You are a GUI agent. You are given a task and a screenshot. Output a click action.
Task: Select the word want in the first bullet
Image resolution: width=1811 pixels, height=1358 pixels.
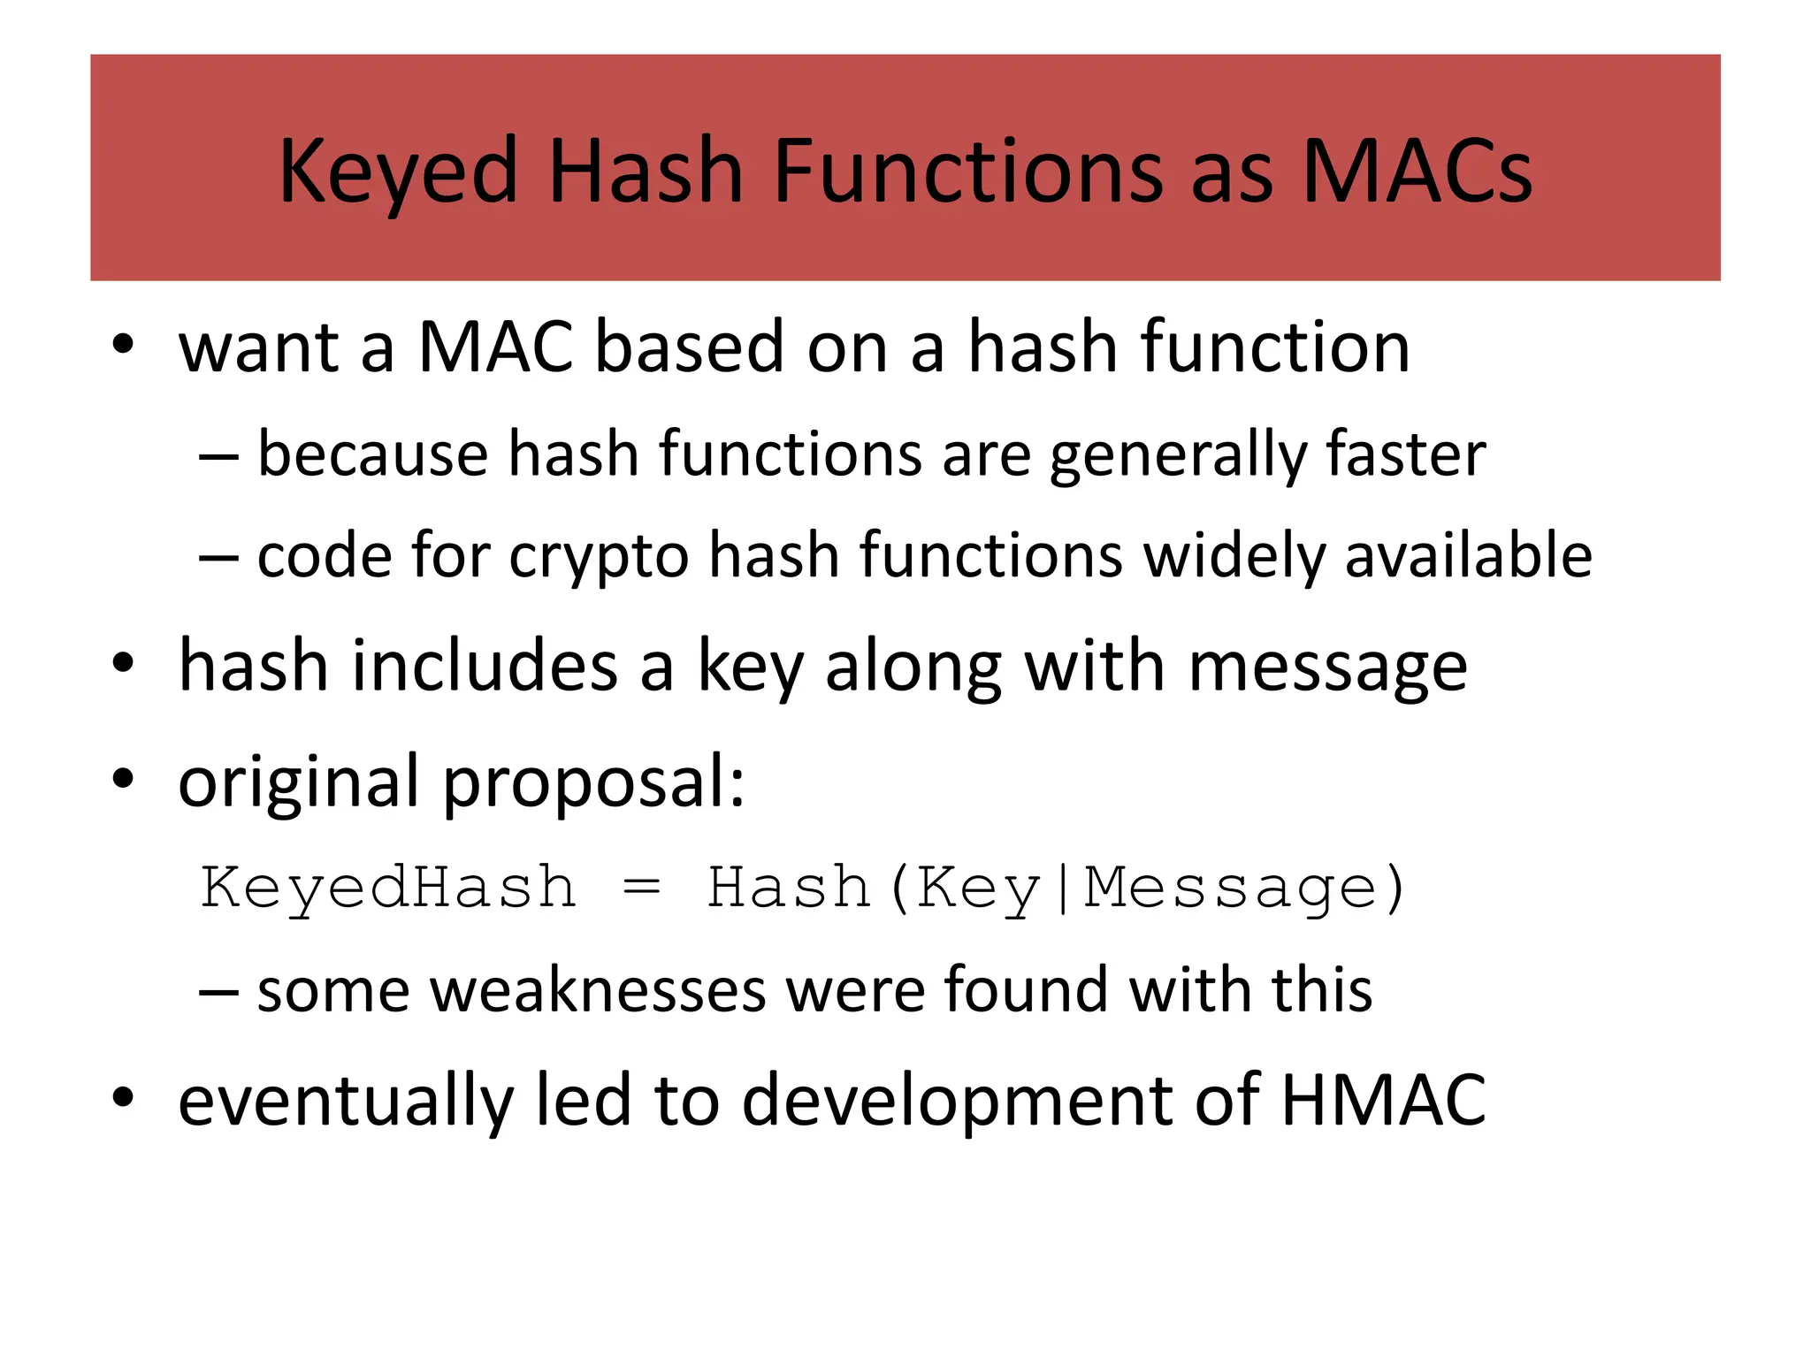tap(259, 347)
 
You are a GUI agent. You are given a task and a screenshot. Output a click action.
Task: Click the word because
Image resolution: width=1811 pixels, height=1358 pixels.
tap(372, 454)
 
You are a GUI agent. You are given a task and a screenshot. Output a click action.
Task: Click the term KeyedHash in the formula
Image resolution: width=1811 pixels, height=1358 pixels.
tap(388, 888)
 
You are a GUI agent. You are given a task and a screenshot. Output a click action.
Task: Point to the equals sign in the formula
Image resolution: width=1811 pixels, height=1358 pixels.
tap(641, 888)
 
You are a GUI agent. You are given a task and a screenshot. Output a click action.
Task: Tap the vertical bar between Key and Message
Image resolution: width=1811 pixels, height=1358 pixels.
tap(1062, 888)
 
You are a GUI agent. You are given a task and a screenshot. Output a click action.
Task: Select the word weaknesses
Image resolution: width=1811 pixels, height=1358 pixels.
tap(598, 989)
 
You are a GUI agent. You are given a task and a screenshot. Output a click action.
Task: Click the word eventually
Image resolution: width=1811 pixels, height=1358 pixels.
tap(346, 1102)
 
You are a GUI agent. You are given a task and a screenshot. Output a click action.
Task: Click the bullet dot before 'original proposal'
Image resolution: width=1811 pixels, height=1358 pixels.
tap(123, 780)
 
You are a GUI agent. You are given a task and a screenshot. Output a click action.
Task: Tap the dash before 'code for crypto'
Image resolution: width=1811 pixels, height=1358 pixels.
tap(218, 557)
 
